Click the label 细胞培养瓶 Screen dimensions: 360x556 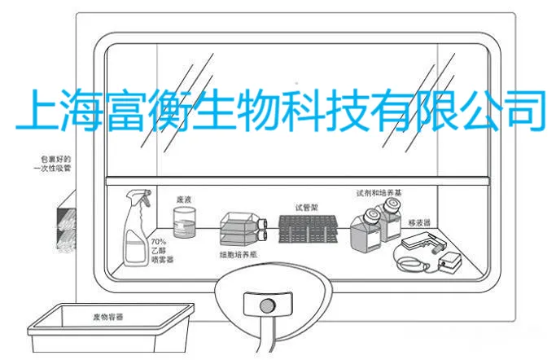[239, 255]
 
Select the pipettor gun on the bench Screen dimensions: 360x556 [422, 242]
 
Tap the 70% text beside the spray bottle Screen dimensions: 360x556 [159, 241]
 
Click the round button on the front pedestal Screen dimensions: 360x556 [264, 306]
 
